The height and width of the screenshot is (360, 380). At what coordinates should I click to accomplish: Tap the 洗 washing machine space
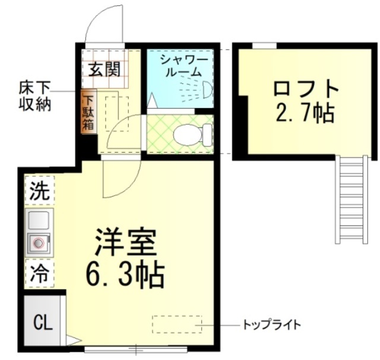[39, 191]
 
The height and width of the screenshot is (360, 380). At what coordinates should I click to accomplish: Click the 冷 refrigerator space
[39, 273]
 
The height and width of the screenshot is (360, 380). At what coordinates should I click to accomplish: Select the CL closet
[41, 323]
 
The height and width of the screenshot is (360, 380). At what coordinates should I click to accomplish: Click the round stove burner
[39, 242]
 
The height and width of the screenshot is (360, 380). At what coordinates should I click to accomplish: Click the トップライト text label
[272, 325]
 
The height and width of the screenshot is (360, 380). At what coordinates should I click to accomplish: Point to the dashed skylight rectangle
[177, 324]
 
